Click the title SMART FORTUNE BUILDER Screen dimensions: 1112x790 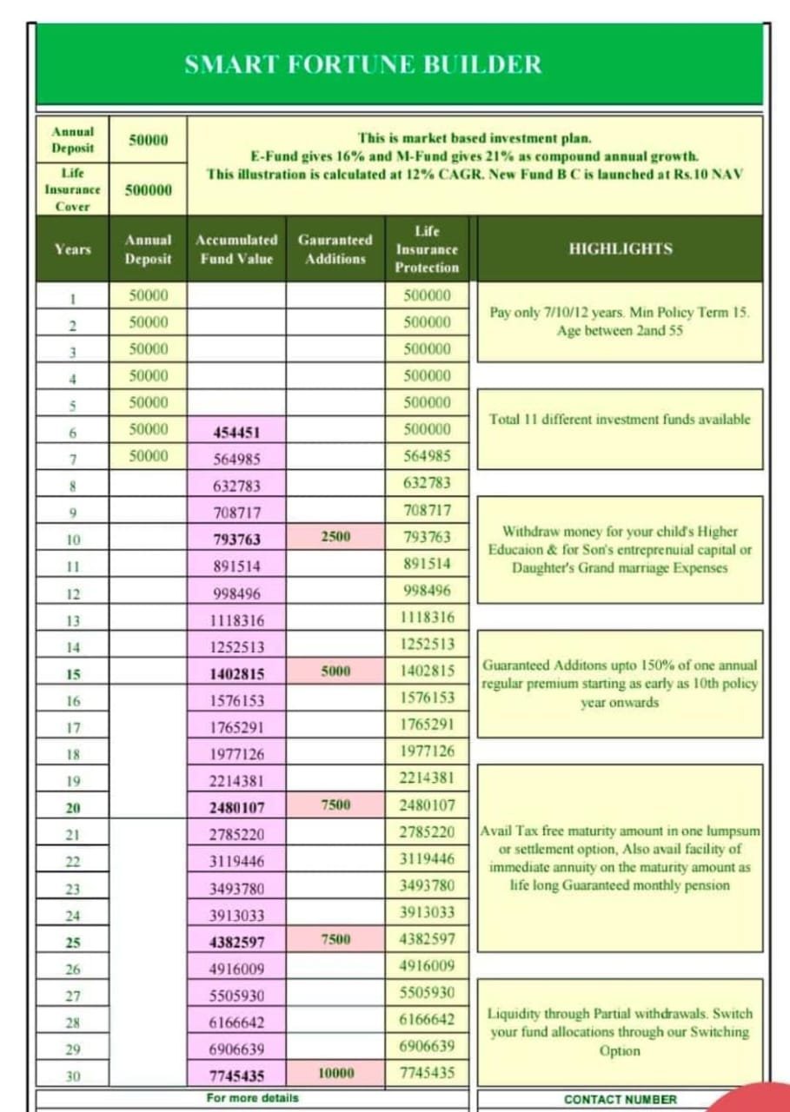tap(362, 65)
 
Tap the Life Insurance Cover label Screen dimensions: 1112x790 tap(72, 189)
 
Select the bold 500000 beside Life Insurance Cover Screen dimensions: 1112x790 tap(148, 190)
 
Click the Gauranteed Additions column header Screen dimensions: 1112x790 tap(335, 248)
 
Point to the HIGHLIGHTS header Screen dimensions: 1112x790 tap(620, 248)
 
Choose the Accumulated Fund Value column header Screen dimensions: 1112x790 tap(236, 248)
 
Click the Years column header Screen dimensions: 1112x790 tap(73, 249)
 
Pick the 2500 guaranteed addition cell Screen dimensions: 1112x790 tap(335, 537)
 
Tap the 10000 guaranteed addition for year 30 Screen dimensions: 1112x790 tap(335, 1074)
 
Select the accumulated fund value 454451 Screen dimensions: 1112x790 tap(236, 433)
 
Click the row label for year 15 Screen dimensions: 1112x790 tap(73, 674)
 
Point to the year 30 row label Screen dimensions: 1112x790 tap(73, 1076)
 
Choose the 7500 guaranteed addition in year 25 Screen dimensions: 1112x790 tap(335, 940)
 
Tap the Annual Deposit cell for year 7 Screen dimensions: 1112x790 tap(148, 456)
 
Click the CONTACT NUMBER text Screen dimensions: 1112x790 tap(620, 1099)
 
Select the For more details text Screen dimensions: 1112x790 tap(252, 1098)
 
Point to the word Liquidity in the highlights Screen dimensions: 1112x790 tap(513, 1014)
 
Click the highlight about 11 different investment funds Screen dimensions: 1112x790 tap(620, 419)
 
